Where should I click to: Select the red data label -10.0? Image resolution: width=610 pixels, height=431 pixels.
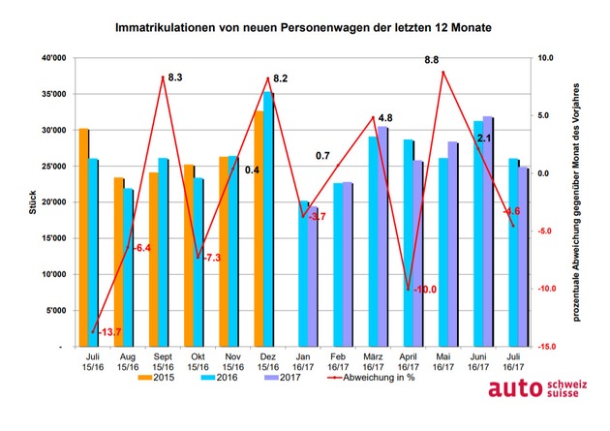coord(423,290)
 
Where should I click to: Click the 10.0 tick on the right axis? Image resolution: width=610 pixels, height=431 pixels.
coord(545,58)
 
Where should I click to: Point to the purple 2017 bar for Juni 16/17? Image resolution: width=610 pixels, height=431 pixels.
coord(487,231)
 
